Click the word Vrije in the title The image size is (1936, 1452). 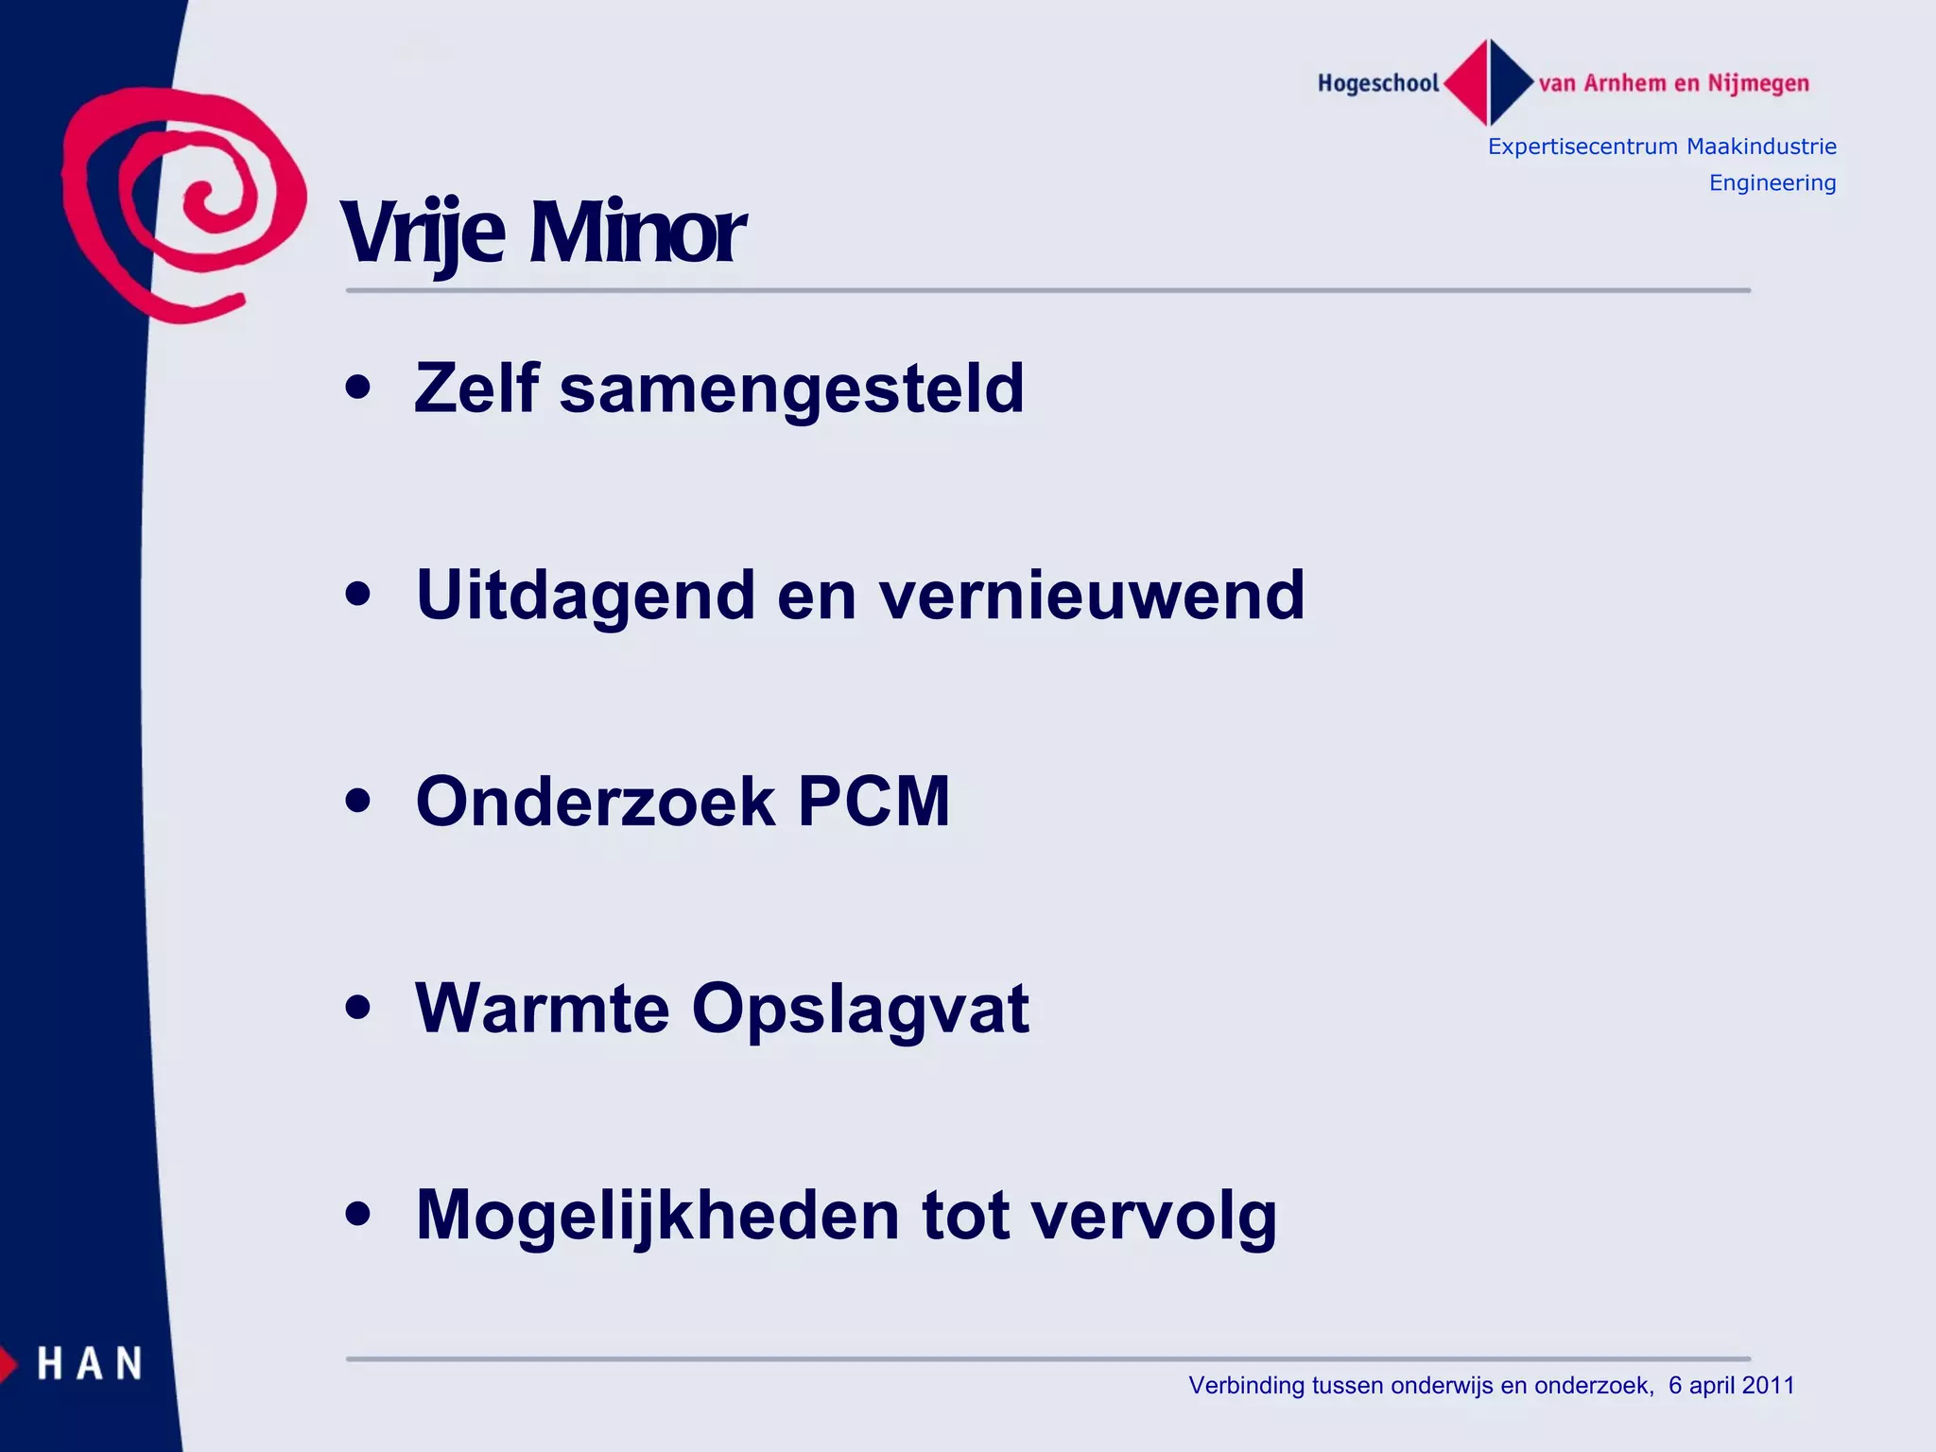point(423,233)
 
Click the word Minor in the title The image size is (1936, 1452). point(637,233)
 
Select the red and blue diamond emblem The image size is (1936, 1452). point(1489,83)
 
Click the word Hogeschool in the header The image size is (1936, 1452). point(1377,84)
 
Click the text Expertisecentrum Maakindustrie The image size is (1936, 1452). point(1661,147)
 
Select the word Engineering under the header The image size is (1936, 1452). point(1772,182)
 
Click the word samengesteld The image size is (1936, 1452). point(791,389)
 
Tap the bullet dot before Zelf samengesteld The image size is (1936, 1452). point(358,388)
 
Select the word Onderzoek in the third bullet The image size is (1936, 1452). point(596,802)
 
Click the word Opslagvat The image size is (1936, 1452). point(860,1011)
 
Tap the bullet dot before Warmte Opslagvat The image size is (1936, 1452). point(358,1008)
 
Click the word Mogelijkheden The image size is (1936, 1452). point(658,1217)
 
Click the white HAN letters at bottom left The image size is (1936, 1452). point(90,1364)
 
